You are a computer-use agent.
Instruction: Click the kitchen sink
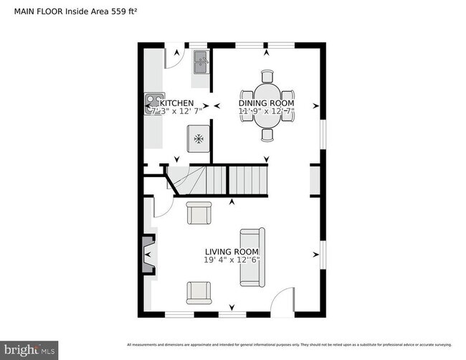tap(201, 62)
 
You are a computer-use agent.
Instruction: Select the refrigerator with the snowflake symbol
tap(199, 138)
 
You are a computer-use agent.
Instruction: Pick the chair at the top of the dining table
tap(267, 76)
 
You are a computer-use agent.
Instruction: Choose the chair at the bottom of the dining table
tap(267, 134)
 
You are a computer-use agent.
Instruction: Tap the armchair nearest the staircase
tap(199, 213)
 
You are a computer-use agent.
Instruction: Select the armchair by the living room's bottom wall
tap(199, 292)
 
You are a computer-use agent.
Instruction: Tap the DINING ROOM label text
tap(266, 103)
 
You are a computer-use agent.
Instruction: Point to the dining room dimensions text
tap(266, 112)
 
